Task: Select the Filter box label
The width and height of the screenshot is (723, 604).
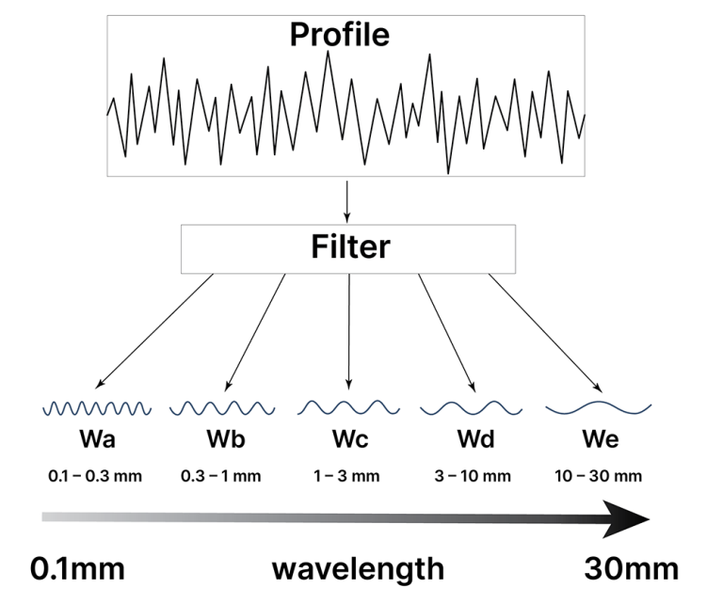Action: pos(349,247)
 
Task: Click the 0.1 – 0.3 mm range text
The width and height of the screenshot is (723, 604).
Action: pos(95,475)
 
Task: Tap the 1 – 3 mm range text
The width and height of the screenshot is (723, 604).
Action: pos(348,475)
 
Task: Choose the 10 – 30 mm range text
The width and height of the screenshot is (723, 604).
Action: pos(599,475)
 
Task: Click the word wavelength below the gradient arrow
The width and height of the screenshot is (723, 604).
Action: pos(358,569)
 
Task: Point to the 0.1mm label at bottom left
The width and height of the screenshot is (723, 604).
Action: pos(78,568)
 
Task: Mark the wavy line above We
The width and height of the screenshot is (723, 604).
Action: pos(599,407)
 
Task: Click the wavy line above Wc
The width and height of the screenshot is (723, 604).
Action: pos(348,407)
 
